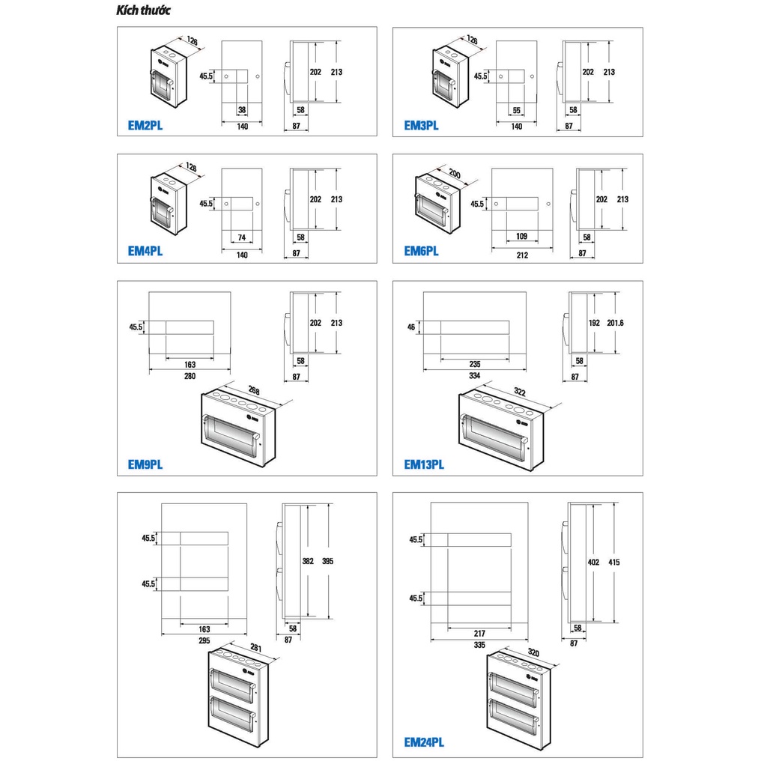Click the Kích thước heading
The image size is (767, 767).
[x=143, y=10]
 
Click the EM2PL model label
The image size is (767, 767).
[x=145, y=126]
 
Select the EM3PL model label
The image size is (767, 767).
[x=421, y=126]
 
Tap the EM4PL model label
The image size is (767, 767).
[x=145, y=252]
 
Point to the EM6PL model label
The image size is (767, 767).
[x=421, y=252]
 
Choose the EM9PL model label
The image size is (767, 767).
[x=145, y=464]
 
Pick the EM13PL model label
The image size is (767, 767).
[x=424, y=464]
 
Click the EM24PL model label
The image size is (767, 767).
[x=424, y=742]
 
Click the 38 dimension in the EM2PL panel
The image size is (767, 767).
[x=242, y=110]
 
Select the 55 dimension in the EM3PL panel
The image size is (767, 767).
[x=517, y=111]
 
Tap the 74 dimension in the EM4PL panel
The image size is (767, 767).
[x=242, y=237]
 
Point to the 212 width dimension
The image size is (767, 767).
[x=522, y=255]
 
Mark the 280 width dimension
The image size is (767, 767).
[x=190, y=376]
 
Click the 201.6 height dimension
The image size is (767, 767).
[x=615, y=323]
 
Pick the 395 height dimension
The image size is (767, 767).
[x=327, y=561]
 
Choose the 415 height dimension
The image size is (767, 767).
[x=614, y=562]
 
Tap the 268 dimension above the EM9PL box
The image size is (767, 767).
[x=254, y=390]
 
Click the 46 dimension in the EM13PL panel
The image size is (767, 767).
[x=411, y=327]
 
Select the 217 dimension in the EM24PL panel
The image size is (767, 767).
[x=479, y=633]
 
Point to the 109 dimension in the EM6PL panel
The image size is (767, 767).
[x=522, y=236]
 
